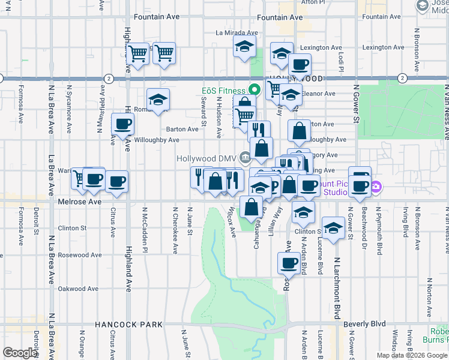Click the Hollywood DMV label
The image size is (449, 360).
[x=206, y=158]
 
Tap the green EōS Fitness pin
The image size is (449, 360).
[x=255, y=91]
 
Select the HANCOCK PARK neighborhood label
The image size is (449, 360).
[x=128, y=325]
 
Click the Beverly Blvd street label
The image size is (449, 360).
[x=365, y=324]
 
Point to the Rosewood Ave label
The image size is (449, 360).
[x=78, y=255]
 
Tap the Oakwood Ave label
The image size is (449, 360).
[x=78, y=289]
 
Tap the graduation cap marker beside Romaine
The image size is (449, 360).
[x=158, y=99]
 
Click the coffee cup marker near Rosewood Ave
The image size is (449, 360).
[x=289, y=262]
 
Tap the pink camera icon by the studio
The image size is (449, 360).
[x=375, y=187]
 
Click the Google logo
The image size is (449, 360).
[x=20, y=353]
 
